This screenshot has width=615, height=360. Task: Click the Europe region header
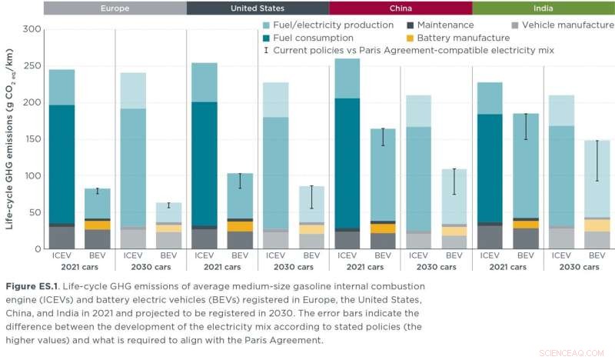click(115, 8)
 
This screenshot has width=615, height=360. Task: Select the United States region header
click(258, 8)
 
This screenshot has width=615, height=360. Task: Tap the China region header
click(400, 8)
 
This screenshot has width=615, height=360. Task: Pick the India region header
click(543, 8)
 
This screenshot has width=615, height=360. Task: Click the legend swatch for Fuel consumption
click(267, 38)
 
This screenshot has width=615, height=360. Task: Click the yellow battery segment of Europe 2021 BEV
click(97, 225)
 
